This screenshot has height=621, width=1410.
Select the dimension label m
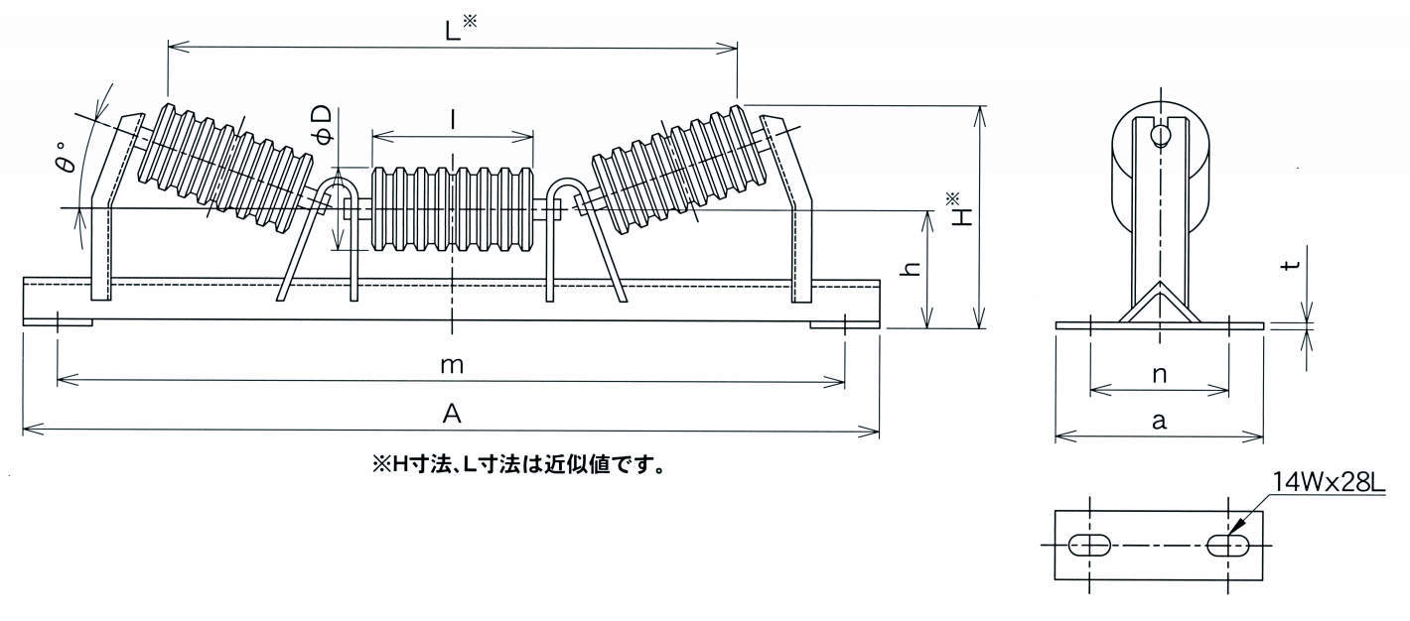point(452,365)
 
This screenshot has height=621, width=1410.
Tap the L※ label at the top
point(460,31)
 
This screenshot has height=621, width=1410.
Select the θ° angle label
point(68,162)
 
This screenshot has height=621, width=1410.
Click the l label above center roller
point(453,120)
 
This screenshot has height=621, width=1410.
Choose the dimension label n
point(1159,374)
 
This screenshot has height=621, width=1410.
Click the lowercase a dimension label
point(1159,421)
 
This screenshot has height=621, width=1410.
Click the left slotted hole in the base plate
point(1090,545)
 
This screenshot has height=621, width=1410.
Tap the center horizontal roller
point(453,209)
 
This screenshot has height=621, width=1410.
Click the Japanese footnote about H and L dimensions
point(516,463)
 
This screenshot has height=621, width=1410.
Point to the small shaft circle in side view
point(1159,135)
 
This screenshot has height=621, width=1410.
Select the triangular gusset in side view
point(1159,305)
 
